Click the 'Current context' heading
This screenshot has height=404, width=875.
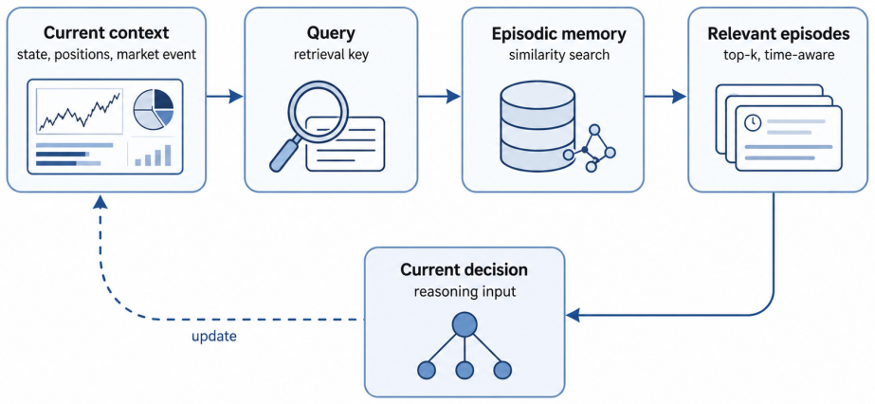click(106, 33)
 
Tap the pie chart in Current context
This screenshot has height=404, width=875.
click(154, 108)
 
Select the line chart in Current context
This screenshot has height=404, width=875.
click(80, 111)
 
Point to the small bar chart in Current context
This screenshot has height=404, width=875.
click(153, 155)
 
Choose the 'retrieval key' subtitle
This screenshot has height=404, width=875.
click(330, 55)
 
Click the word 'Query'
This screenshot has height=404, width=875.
click(330, 34)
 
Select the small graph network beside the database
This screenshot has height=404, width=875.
click(591, 149)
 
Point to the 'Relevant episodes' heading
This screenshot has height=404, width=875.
click(778, 33)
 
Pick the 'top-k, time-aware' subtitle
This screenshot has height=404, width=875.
click(778, 55)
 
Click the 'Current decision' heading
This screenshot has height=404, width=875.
click(464, 270)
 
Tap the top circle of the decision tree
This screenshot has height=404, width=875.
click(465, 323)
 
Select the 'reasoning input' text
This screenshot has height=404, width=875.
click(464, 291)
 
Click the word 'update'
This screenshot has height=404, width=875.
click(213, 337)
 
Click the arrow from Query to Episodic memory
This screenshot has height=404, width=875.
click(439, 97)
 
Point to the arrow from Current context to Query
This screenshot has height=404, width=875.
click(225, 97)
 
